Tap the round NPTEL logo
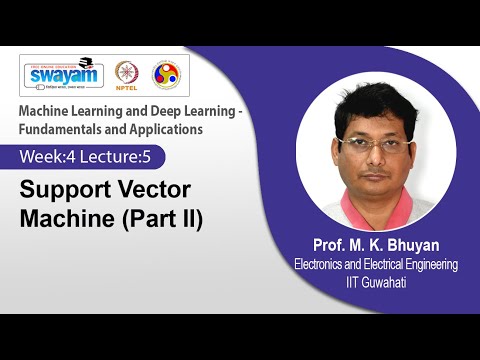[x=126, y=73]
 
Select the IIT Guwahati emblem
[x=165, y=74]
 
